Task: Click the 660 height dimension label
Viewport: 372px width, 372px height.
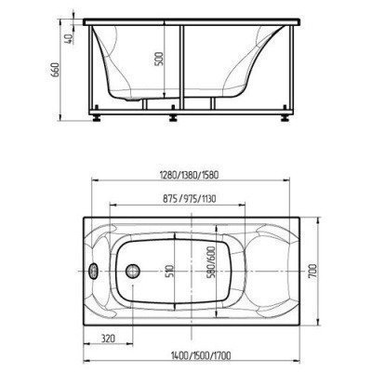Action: tap(55, 71)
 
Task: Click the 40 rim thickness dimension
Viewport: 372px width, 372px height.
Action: tap(69, 37)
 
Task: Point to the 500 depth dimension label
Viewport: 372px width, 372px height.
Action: tap(159, 59)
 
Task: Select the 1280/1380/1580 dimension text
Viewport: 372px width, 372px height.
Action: tap(190, 175)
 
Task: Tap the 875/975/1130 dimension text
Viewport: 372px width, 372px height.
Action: tap(189, 198)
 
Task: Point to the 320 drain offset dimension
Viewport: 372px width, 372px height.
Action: tap(108, 338)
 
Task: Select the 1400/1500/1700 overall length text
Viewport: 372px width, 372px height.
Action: tap(201, 355)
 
